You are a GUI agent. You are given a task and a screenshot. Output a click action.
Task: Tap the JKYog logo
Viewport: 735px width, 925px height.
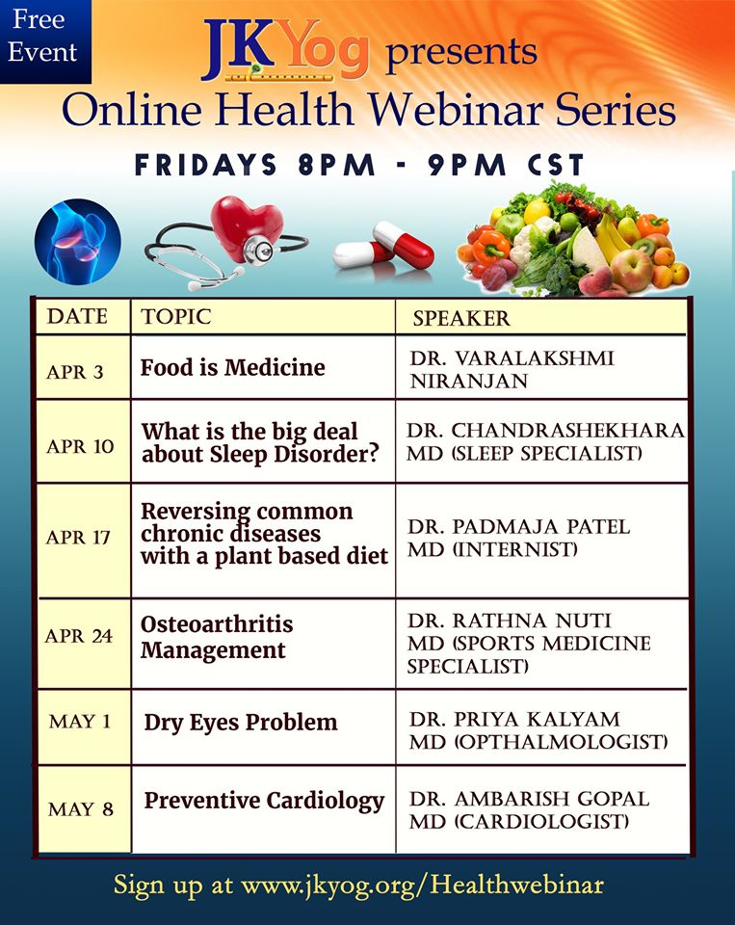tap(285, 52)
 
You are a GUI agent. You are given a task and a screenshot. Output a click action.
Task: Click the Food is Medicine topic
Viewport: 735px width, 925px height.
tap(233, 367)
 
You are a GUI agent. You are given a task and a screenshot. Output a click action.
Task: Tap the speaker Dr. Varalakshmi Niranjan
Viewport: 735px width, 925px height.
tap(512, 369)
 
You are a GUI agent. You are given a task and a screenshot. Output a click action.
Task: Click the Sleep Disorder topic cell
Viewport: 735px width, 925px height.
tap(260, 442)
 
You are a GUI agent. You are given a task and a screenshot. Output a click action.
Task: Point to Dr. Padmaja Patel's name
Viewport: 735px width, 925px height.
tap(519, 527)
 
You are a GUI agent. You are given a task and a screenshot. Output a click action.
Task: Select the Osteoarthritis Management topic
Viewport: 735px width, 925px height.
tap(217, 637)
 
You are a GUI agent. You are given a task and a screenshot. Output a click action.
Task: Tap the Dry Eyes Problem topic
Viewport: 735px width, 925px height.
tap(241, 722)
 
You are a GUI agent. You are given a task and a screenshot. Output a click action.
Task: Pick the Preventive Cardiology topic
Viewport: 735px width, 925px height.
tap(264, 801)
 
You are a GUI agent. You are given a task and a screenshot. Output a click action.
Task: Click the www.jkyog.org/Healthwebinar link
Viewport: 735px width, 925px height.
tap(421, 884)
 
